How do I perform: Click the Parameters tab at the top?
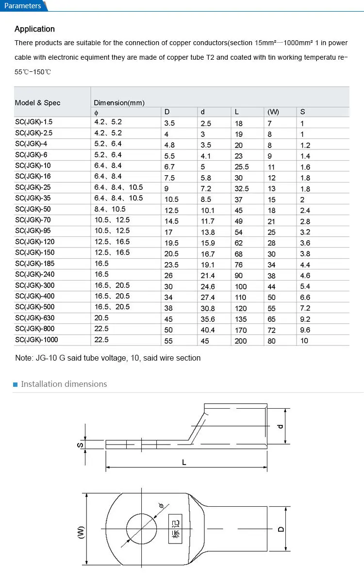click(23, 6)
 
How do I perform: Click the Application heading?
click(34, 29)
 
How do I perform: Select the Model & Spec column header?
click(38, 102)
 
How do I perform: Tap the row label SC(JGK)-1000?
click(36, 340)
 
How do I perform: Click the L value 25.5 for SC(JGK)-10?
click(242, 166)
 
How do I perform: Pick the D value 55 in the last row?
click(168, 341)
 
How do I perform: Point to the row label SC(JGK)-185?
click(35, 264)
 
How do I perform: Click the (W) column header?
click(273, 112)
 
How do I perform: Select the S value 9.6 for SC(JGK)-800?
click(305, 330)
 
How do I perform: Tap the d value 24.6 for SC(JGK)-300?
click(208, 286)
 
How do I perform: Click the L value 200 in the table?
click(241, 341)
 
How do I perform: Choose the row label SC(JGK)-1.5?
click(34, 122)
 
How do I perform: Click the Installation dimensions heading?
click(64, 384)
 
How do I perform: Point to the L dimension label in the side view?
click(184, 463)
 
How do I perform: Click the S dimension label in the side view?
click(81, 445)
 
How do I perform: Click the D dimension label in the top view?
click(281, 529)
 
